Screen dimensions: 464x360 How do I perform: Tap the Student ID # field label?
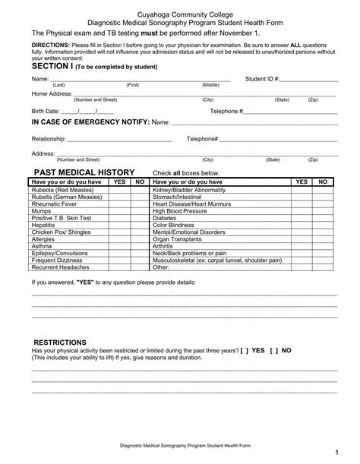point(263,78)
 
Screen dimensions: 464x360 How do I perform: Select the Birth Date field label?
point(45,110)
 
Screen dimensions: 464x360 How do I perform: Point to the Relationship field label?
point(48,139)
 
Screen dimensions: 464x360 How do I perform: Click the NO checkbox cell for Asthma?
point(139,246)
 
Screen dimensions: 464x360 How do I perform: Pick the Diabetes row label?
point(165,218)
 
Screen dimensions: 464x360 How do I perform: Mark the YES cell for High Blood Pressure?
point(302,211)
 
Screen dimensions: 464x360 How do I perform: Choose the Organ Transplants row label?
point(177,239)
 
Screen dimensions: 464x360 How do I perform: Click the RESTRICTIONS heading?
point(60,342)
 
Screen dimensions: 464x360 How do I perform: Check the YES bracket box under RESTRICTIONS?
point(246,352)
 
